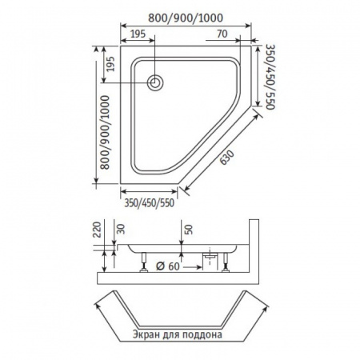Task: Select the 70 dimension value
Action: (x=223, y=34)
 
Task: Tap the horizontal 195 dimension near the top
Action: (x=137, y=34)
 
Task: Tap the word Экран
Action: (x=142, y=336)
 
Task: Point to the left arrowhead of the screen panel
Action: (x=98, y=305)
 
